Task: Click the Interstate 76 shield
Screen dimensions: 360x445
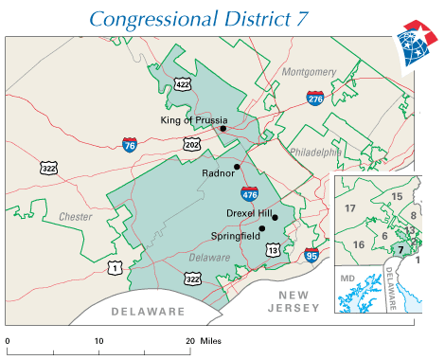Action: [x=129, y=144]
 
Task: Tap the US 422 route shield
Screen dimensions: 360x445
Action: [x=182, y=84]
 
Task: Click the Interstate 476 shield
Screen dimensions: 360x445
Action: [x=249, y=193]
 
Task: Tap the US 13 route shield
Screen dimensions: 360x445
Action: [x=273, y=249]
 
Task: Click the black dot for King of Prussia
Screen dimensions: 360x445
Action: [x=223, y=129]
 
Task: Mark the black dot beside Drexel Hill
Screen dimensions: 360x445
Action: [x=275, y=218]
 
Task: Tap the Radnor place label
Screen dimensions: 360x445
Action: [x=218, y=173]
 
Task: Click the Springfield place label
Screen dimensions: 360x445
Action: [x=235, y=228]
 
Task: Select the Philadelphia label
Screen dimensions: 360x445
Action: [x=314, y=151]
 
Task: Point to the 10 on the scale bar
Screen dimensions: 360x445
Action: [x=98, y=339]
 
